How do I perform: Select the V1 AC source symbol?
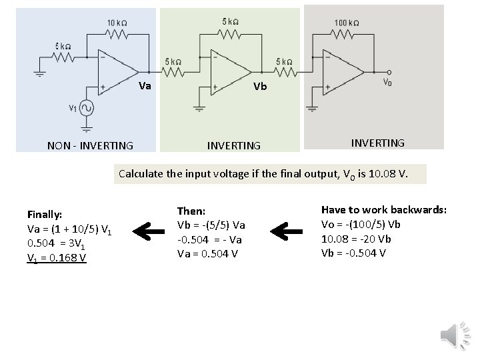click(x=86, y=108)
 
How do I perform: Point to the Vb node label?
click(x=260, y=86)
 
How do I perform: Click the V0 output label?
click(x=387, y=84)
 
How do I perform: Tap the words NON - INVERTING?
click(x=90, y=145)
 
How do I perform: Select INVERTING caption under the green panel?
click(x=234, y=145)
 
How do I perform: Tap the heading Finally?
click(x=45, y=215)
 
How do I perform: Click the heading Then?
click(x=191, y=211)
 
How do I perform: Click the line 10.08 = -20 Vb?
click(x=357, y=239)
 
